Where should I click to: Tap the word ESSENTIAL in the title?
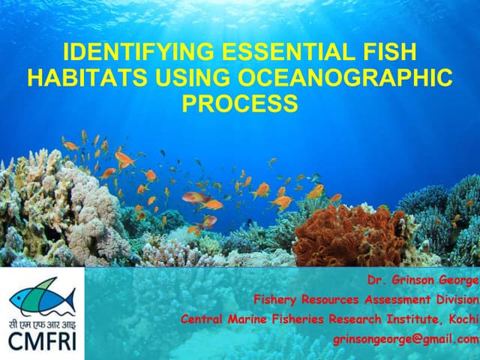286,53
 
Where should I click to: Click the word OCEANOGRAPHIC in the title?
344,78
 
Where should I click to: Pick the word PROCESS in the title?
240,103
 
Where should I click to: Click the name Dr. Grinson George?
423,280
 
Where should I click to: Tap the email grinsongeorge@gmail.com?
406,339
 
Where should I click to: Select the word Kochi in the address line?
460,319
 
